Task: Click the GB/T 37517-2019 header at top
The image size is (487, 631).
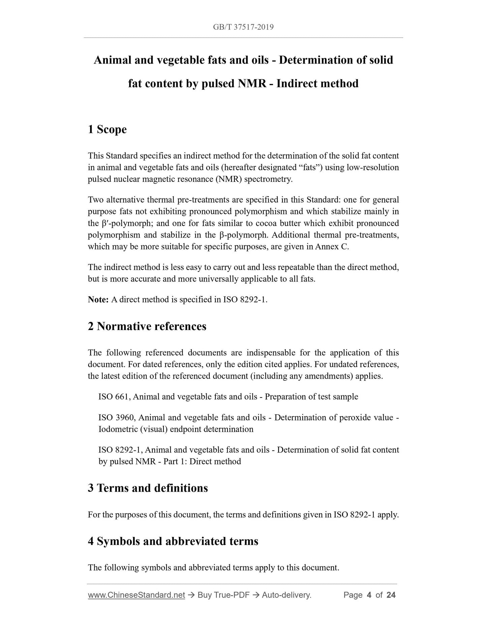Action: click(x=243, y=27)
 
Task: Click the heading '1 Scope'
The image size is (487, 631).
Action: click(x=107, y=129)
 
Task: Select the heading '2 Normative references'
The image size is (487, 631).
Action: click(x=147, y=326)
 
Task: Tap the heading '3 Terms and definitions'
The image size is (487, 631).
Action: click(x=148, y=488)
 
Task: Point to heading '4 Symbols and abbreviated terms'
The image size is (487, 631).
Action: click(x=173, y=541)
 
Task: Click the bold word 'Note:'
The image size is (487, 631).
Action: click(x=98, y=300)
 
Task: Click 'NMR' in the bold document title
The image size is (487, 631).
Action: click(x=252, y=83)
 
